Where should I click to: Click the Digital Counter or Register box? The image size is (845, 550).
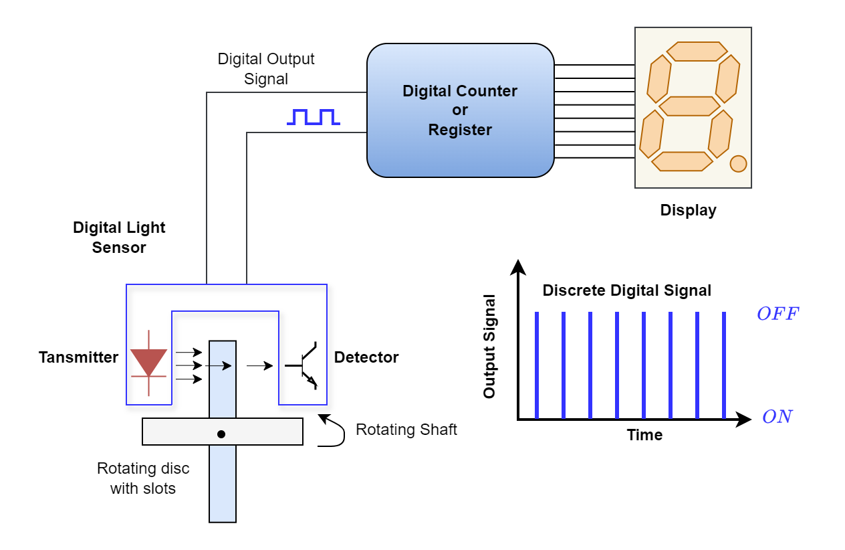tap(460, 110)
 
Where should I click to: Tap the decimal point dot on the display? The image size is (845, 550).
tap(738, 164)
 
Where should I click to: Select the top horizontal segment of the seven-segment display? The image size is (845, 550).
tap(697, 52)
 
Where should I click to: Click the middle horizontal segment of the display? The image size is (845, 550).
tap(689, 106)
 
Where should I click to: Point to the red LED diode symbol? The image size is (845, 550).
tap(148, 363)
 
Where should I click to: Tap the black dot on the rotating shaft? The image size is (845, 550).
tap(221, 434)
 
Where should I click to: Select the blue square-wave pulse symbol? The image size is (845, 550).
tap(314, 117)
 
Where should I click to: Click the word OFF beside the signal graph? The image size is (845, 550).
tap(778, 314)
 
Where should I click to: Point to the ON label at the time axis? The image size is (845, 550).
tap(777, 416)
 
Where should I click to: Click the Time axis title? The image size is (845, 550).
tap(644, 435)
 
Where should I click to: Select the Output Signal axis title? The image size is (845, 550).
tap(489, 347)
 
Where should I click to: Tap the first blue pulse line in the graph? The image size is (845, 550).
tap(537, 365)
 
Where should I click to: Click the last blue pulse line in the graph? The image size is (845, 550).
tap(724, 365)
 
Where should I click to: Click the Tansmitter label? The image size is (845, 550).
tap(78, 357)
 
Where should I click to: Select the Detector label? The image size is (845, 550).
tap(366, 357)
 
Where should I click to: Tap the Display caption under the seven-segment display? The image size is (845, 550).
tap(688, 210)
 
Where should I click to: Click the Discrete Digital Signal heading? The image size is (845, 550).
tap(627, 290)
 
